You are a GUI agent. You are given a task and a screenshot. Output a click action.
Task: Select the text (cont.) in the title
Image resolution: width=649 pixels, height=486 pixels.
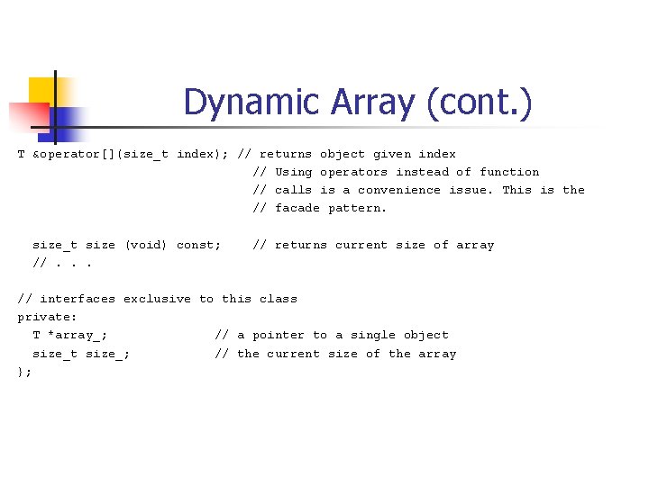coord(479,102)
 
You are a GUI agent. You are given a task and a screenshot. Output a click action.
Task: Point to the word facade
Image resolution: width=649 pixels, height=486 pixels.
coord(297,208)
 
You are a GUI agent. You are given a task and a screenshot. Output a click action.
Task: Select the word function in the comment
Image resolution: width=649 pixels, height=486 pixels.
coord(509,172)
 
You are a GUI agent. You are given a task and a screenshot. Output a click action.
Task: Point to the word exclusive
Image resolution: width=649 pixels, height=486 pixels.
coord(157,299)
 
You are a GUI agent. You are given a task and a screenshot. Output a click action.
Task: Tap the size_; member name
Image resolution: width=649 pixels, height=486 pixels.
coord(108,354)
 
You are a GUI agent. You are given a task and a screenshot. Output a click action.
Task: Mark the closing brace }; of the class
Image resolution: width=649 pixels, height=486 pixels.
coord(24,372)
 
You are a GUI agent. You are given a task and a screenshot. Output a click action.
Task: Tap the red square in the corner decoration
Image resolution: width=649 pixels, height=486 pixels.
coord(25,118)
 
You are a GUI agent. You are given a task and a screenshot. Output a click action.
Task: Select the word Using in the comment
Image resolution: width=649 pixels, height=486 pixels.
coord(294,172)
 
